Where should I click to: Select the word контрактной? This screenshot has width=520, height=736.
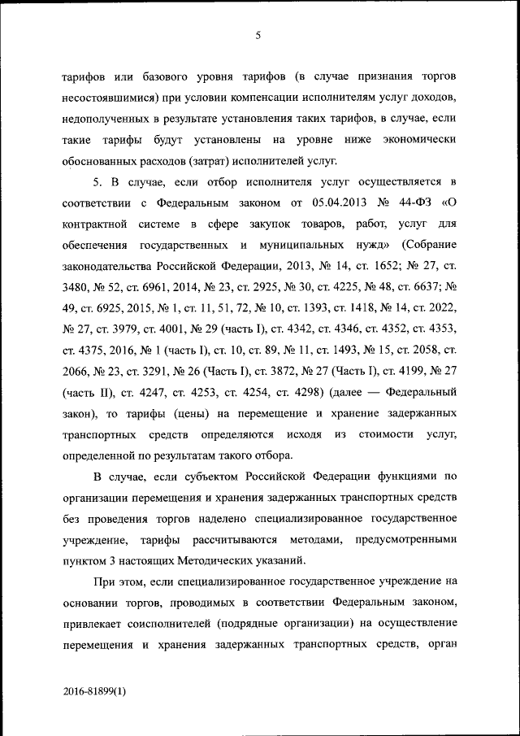pyautogui.click(x=96, y=223)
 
